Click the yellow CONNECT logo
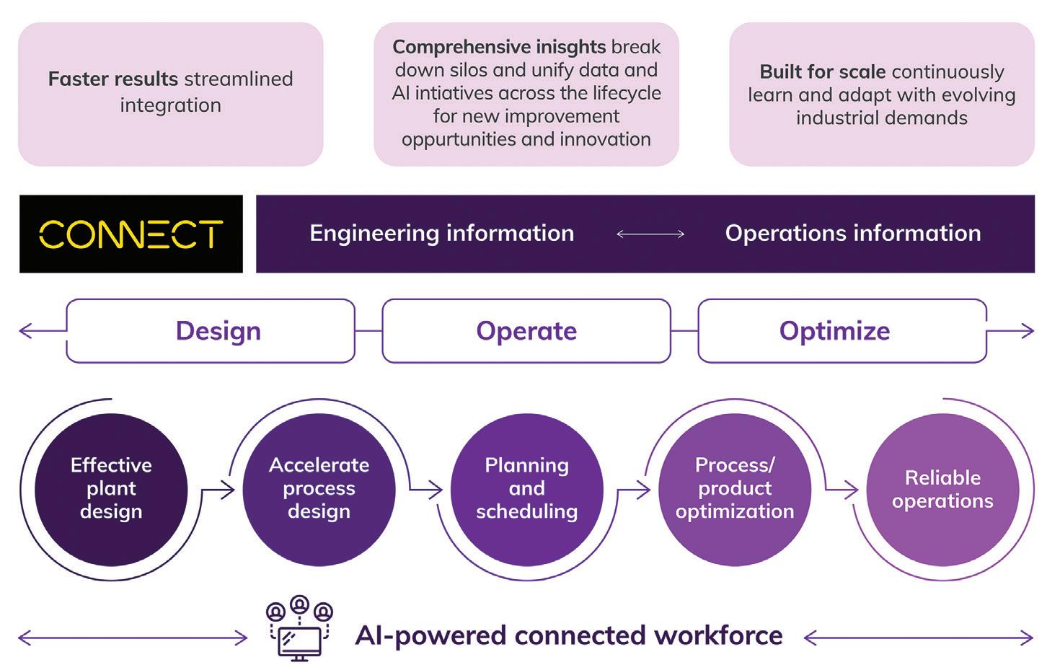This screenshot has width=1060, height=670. click(131, 234)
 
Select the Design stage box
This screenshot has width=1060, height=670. click(211, 331)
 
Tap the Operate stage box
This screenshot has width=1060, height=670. click(526, 331)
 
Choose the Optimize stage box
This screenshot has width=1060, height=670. click(842, 331)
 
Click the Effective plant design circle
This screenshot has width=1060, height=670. click(111, 490)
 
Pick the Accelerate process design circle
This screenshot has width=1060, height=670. click(319, 490)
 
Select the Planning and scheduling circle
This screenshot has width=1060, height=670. click(526, 490)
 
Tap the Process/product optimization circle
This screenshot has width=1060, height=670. click(735, 490)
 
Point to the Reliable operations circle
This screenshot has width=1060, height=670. click(942, 490)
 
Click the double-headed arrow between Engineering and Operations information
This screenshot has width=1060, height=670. click(650, 233)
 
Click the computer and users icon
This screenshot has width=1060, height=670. click(299, 628)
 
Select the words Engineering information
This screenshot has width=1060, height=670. click(441, 233)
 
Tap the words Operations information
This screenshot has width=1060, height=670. click(853, 233)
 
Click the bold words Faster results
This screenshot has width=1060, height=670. click(113, 79)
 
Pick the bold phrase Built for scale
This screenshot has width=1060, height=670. click(823, 72)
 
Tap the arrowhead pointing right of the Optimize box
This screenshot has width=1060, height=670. click(1028, 331)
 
